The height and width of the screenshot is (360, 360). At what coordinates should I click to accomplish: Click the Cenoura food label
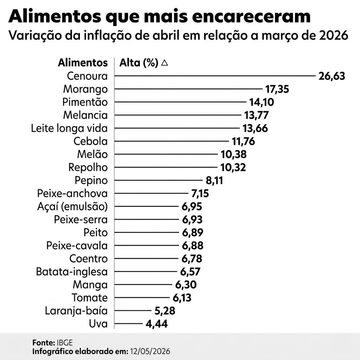87,76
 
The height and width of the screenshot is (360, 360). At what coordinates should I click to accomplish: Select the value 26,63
332,76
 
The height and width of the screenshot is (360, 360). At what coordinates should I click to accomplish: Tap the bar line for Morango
188,89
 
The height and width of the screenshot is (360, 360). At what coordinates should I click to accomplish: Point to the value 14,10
262,102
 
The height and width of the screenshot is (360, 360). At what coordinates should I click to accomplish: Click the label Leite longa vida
69,128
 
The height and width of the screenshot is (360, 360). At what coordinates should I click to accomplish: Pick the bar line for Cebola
172,141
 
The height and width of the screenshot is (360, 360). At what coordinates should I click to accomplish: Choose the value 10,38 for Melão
233,154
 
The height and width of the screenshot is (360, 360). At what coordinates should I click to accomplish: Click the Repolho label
88,167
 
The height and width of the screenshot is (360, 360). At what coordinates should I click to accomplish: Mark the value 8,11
214,180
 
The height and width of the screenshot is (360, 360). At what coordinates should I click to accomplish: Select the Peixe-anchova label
72,194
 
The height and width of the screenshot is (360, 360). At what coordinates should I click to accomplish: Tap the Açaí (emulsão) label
72,207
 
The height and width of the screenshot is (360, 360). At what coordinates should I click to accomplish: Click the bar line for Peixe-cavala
147,245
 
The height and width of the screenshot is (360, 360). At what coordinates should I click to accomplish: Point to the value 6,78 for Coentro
192,259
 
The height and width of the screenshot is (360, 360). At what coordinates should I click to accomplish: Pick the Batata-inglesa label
72,272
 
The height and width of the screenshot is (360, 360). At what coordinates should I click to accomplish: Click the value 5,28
165,311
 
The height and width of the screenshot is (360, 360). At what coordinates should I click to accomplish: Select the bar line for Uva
128,324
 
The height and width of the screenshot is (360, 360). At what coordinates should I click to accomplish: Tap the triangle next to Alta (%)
165,63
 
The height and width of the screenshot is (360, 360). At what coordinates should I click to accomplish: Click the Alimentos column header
83,63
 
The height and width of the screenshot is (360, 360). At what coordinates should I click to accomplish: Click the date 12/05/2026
150,352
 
